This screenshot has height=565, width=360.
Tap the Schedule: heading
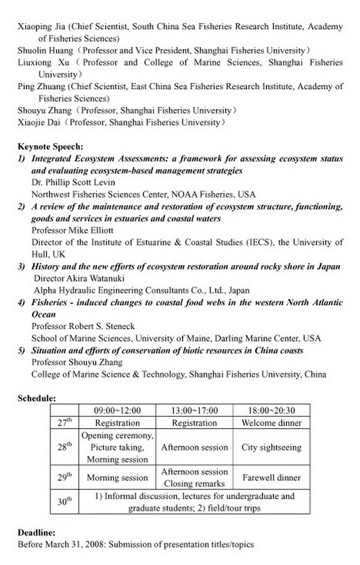37,398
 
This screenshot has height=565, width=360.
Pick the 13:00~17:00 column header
195,410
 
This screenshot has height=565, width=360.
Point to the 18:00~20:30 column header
271,410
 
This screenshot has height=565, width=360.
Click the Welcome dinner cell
271,423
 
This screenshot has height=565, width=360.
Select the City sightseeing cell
271,447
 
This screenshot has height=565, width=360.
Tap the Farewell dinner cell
271,478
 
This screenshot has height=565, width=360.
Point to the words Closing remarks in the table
195,484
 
